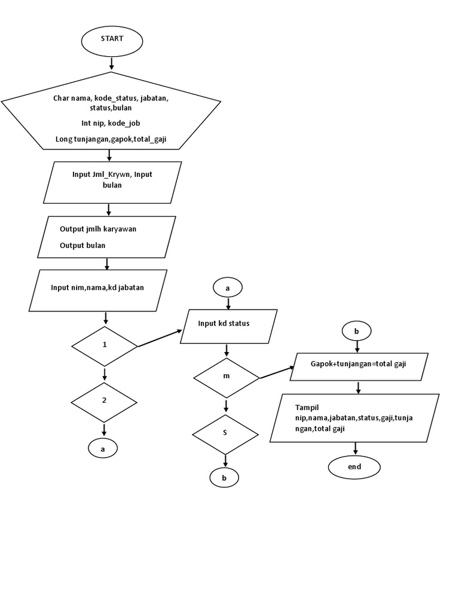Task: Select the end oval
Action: (354, 467)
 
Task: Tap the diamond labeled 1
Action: (105, 346)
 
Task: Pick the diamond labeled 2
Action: (105, 401)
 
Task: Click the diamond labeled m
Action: (226, 377)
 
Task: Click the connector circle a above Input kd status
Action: (227, 287)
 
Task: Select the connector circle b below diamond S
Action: (224, 478)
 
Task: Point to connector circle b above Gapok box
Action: (357, 331)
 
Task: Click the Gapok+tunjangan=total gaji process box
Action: (359, 364)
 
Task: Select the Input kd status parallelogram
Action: (228, 326)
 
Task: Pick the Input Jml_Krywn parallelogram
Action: (109, 181)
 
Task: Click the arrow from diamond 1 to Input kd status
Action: (160, 338)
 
